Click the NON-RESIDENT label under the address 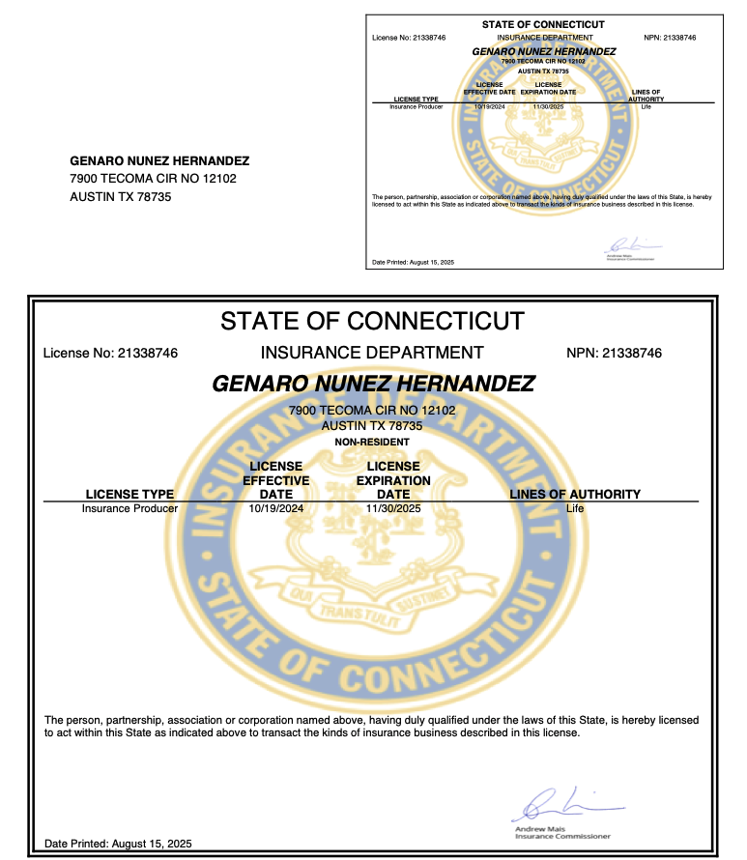click(x=372, y=442)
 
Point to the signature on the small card click(x=628, y=244)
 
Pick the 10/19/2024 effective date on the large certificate click(x=275, y=507)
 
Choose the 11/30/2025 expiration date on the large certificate click(x=393, y=507)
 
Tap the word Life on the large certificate click(x=575, y=507)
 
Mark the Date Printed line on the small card click(x=413, y=263)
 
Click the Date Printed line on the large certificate click(x=119, y=844)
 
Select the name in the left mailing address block click(x=159, y=161)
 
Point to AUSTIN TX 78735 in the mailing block click(x=122, y=196)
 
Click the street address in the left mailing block click(x=153, y=179)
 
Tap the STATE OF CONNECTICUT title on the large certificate click(x=372, y=321)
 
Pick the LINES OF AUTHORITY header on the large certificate click(x=575, y=494)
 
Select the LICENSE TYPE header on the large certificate click(x=129, y=494)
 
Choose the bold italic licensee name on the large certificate click(x=372, y=384)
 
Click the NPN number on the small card click(x=669, y=37)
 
